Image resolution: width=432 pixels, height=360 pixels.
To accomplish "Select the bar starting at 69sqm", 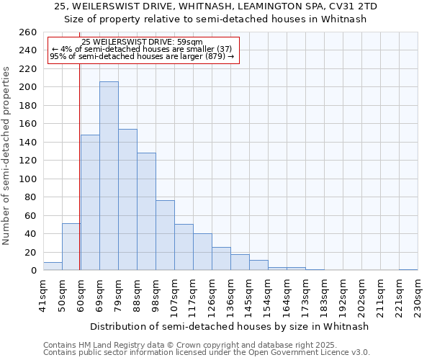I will [90, 202].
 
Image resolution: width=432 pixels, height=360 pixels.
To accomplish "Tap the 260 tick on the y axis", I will [27, 32].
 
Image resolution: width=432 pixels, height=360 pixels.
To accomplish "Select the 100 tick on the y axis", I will [27, 179].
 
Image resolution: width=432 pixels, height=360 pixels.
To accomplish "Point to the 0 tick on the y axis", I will [32, 271].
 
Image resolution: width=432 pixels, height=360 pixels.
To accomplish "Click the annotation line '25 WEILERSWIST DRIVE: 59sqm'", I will [142, 42].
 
